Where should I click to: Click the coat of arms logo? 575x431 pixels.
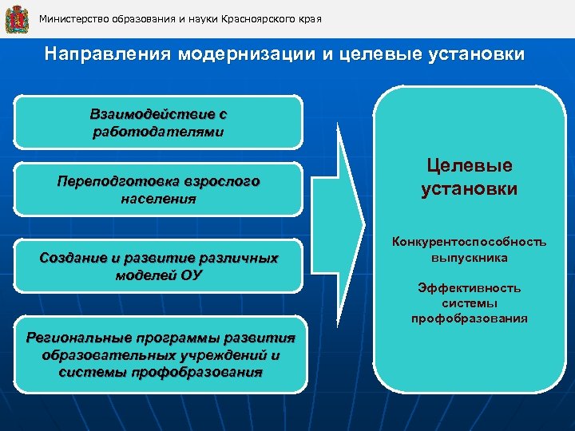click(17, 18)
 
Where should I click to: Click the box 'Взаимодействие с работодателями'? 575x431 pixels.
click(159, 123)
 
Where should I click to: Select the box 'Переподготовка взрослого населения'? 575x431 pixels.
click(159, 190)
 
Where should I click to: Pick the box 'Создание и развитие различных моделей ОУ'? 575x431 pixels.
click(159, 266)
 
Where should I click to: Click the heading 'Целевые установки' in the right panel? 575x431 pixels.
click(469, 177)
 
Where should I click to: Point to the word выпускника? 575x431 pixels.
click(469, 258)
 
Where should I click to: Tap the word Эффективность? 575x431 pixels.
click(469, 288)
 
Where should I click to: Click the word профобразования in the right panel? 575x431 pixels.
click(469, 318)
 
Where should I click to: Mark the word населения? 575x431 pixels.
click(158, 199)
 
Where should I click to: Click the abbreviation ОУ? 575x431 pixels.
click(192, 275)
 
